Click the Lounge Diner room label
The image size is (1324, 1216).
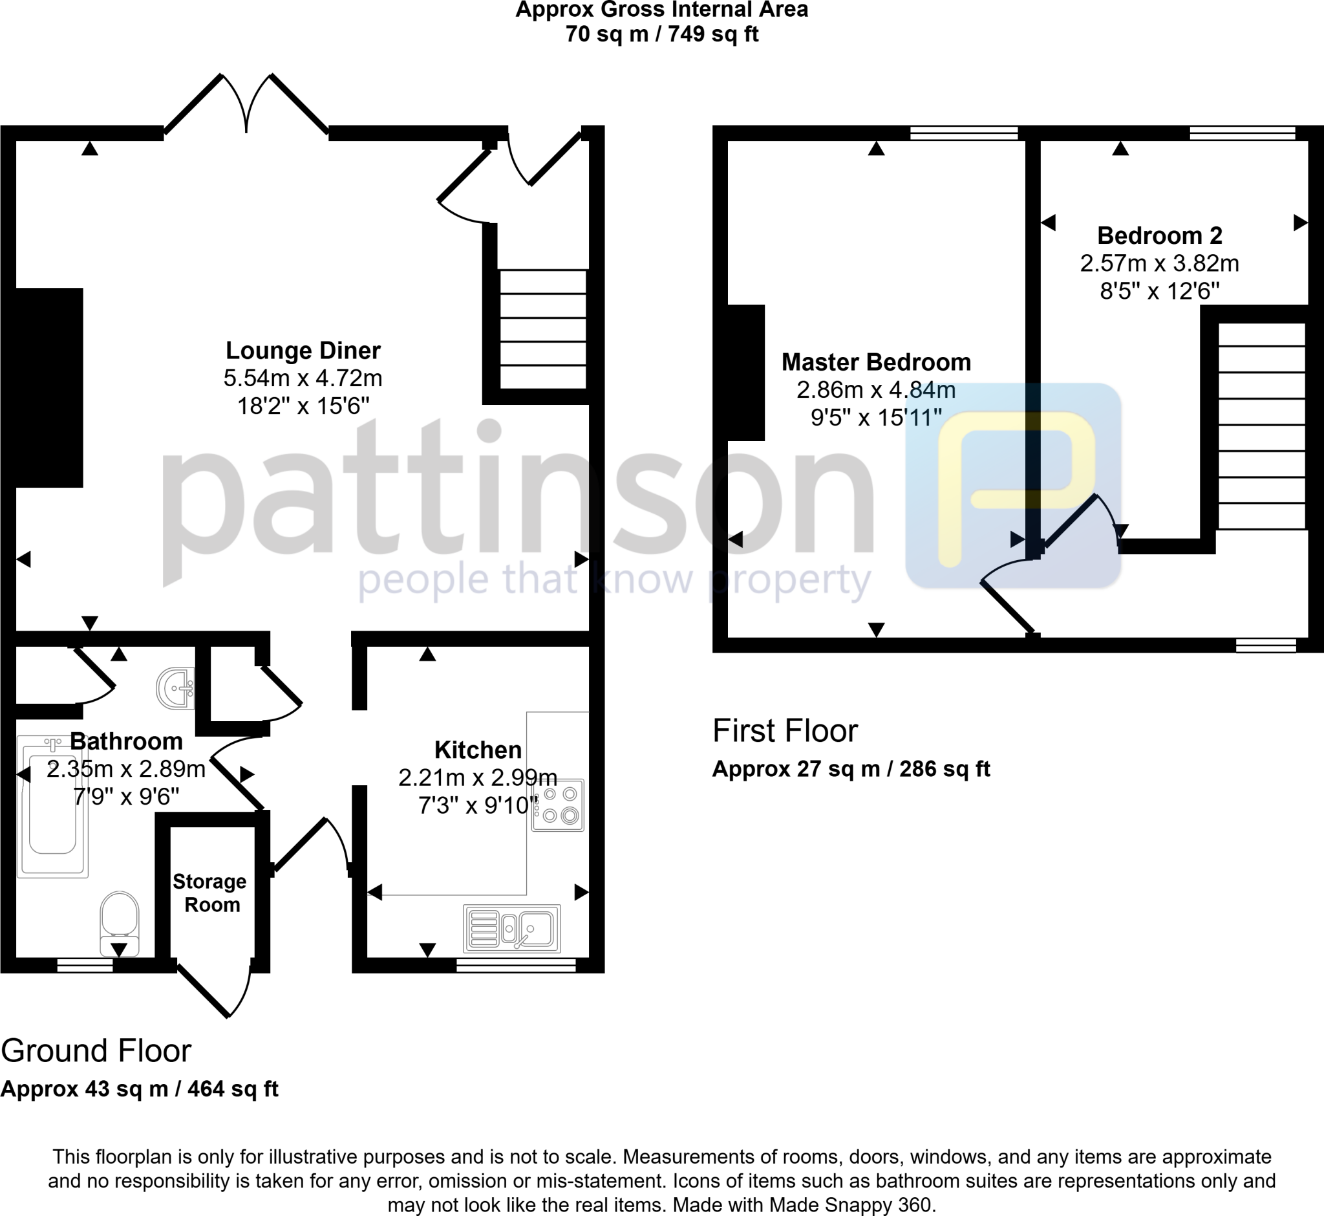[x=303, y=351]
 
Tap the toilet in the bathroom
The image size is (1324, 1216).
[x=119, y=922]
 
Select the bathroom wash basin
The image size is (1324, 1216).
[x=176, y=688]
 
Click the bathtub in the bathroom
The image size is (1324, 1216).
[x=52, y=807]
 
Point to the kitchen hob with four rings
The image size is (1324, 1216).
[x=558, y=805]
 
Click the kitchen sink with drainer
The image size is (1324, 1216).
[x=512, y=928]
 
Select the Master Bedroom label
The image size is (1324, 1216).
[x=876, y=362]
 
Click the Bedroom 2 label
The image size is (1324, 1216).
[x=1160, y=235]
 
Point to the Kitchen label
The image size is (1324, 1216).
[x=478, y=750]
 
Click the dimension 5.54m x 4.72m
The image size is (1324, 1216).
[x=303, y=378]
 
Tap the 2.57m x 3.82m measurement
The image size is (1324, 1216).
[x=1160, y=263]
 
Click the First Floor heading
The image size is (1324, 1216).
[x=785, y=730]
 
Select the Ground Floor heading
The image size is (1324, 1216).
[x=96, y=1051]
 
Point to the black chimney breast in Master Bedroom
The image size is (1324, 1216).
[x=746, y=373]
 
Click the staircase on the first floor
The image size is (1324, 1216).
[x=1261, y=426]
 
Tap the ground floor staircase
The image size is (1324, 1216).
[x=543, y=329]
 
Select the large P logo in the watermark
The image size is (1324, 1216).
[x=1014, y=486]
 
